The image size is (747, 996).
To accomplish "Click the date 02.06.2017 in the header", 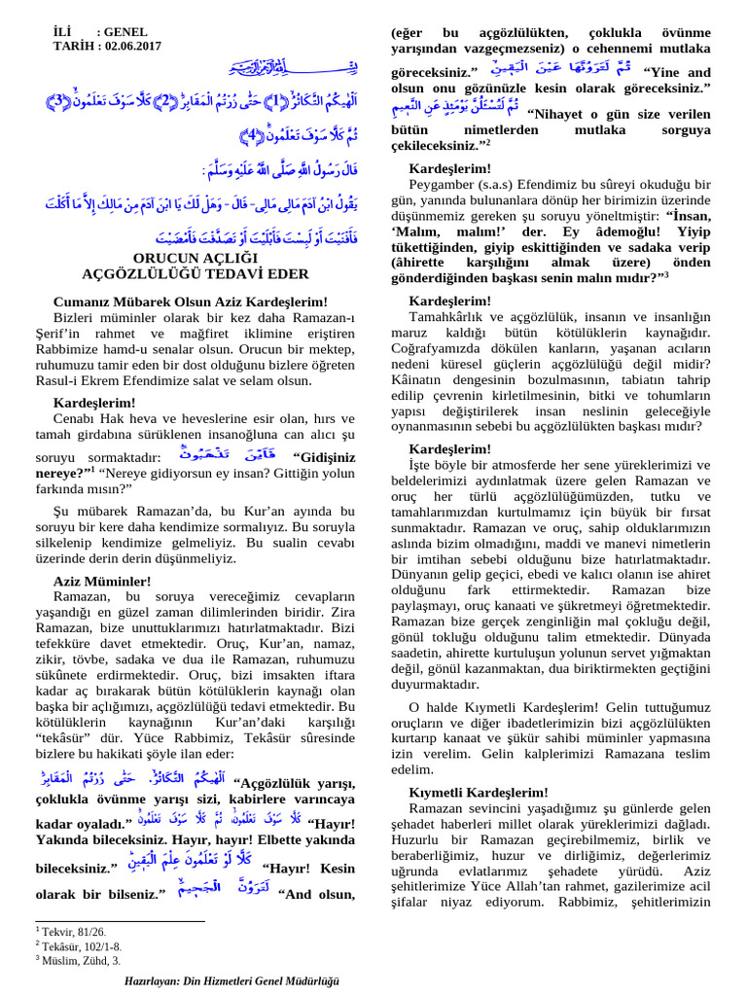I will pyautogui.click(x=129, y=46).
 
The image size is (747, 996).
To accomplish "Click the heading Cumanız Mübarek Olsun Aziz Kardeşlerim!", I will pyautogui.click(x=191, y=302).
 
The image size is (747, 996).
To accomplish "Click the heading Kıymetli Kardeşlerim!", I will pyautogui.click(x=473, y=794).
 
